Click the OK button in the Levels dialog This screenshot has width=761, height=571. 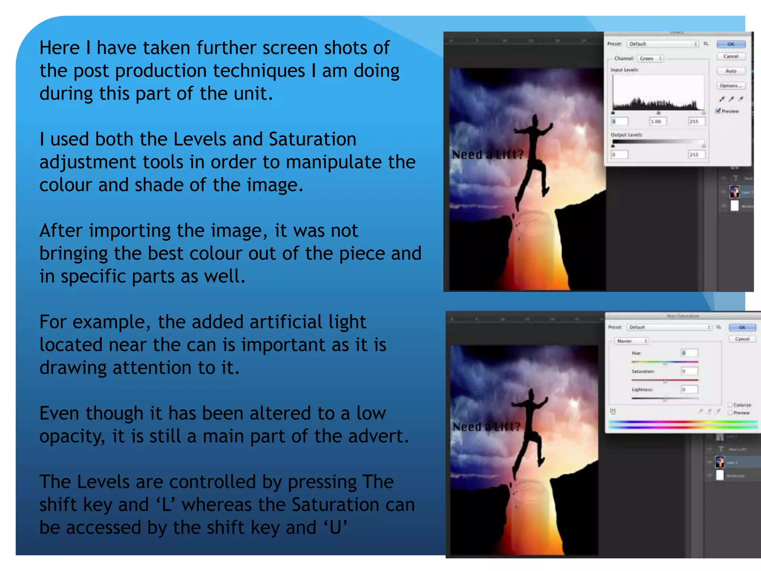tap(731, 44)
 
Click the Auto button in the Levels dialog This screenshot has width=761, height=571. tap(731, 71)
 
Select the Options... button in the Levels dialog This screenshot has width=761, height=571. tap(731, 86)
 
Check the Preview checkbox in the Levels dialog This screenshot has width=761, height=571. tap(718, 111)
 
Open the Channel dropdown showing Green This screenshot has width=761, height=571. tap(651, 58)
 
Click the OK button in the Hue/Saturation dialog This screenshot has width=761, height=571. tap(742, 328)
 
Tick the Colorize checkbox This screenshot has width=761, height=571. tap(730, 405)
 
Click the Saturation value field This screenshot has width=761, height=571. tap(689, 371)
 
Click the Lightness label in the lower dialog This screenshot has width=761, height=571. tap(642, 390)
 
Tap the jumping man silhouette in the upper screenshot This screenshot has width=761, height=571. tap(532, 156)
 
